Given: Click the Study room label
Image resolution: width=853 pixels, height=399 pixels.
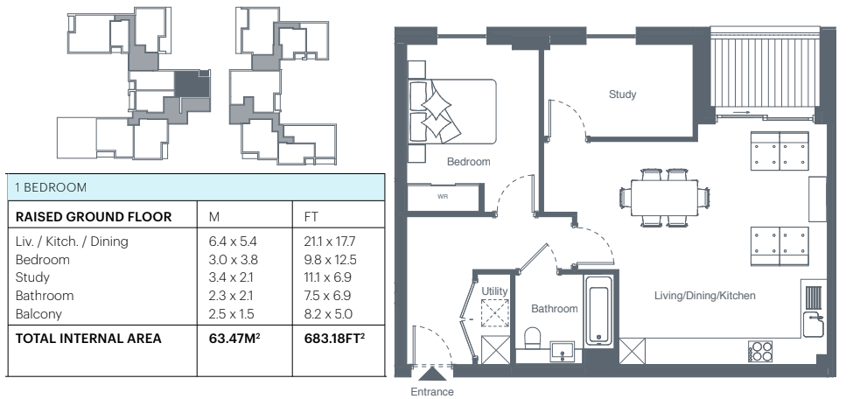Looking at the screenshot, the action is click(622, 94).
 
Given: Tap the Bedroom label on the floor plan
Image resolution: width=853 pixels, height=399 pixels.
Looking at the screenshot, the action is click(468, 162).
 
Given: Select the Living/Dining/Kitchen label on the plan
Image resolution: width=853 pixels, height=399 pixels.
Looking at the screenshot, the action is click(704, 296).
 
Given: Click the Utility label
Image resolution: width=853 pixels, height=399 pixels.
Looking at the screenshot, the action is click(494, 291).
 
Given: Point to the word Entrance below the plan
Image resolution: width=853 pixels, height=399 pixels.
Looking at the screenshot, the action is click(432, 391).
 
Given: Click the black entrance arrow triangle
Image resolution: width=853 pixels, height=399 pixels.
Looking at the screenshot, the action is click(432, 373).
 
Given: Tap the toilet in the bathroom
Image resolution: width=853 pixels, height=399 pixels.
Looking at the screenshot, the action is click(532, 338).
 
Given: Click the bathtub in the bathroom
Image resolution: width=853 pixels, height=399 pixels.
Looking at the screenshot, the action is click(599, 308).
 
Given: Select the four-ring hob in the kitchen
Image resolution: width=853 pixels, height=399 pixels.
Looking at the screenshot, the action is click(760, 352).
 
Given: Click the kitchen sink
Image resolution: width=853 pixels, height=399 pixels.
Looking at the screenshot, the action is click(813, 324).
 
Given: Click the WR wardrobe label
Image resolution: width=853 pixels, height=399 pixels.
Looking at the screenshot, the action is click(443, 197).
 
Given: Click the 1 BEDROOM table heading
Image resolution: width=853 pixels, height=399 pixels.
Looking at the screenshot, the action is click(51, 187).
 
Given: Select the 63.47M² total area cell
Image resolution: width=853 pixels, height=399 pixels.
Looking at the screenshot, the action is click(234, 338).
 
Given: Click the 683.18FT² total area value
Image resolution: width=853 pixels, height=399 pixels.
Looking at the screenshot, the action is click(334, 338).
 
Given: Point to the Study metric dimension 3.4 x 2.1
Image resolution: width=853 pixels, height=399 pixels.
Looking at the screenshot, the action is click(231, 277).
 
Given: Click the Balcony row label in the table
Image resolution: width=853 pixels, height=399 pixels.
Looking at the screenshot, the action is click(38, 314).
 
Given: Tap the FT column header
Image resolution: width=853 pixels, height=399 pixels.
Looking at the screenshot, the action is click(311, 217).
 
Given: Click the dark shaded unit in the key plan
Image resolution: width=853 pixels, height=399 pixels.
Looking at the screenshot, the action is click(192, 84).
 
